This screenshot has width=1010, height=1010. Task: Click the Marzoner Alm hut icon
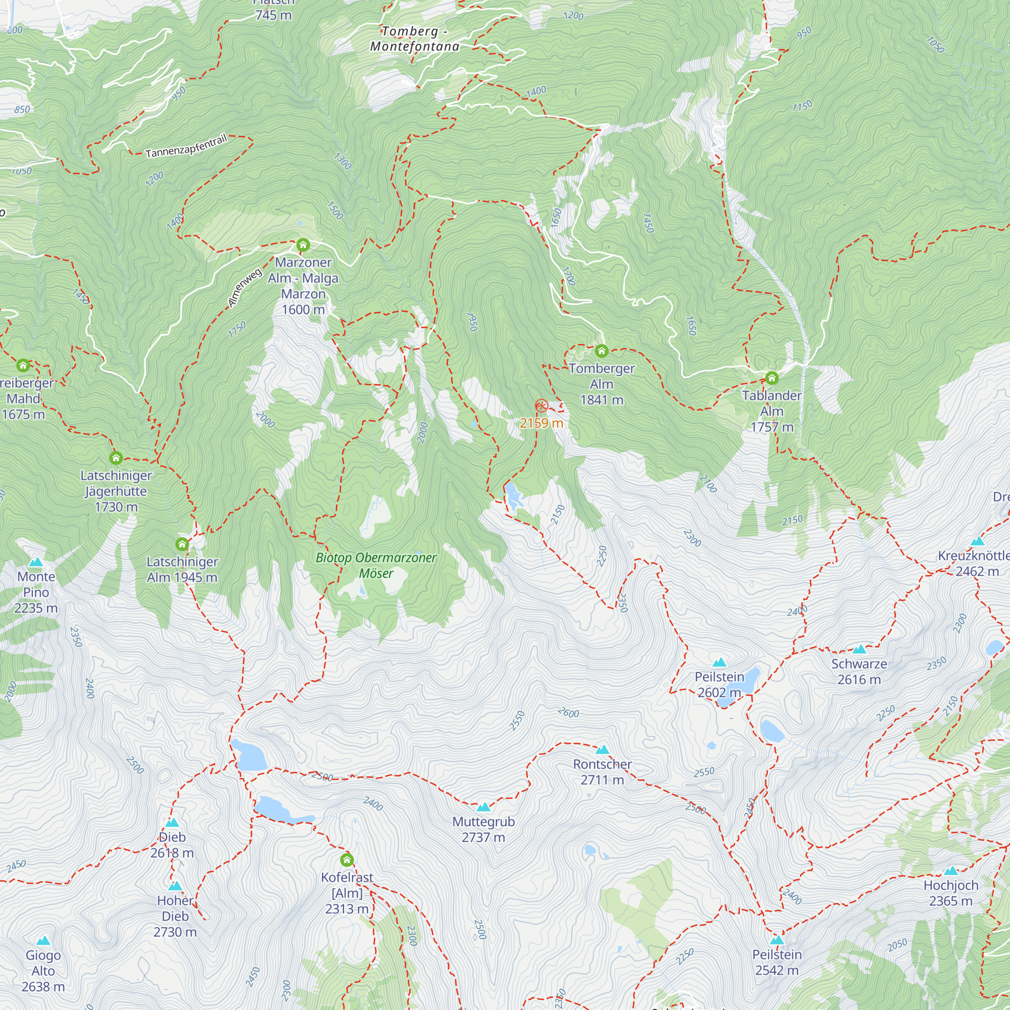[x=302, y=244]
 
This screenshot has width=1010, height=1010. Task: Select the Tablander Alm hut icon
[x=772, y=377]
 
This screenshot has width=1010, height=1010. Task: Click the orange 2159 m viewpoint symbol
[x=541, y=406]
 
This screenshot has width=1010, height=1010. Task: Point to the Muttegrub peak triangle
[x=484, y=807]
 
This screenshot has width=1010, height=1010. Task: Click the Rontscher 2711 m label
[x=602, y=772]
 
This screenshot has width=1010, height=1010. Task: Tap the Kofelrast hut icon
[x=346, y=860]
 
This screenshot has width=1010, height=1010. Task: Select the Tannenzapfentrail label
[x=186, y=146]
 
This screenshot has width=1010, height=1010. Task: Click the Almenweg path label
[x=244, y=287]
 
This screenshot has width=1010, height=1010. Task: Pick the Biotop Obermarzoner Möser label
[x=376, y=565]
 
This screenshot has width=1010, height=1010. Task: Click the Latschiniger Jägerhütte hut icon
[x=116, y=458]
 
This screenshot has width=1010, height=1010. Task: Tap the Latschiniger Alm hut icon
[x=182, y=545]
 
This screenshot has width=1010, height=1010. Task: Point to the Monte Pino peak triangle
[x=35, y=563]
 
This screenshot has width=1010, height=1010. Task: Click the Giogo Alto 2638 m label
[x=43, y=971]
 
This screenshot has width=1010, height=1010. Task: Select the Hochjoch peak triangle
[x=951, y=871]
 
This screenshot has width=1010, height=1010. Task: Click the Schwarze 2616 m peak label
[x=859, y=671]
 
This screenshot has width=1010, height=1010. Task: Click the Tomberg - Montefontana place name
[x=415, y=39]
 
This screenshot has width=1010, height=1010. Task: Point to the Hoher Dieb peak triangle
[x=175, y=886]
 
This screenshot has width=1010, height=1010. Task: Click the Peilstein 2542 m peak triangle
[x=777, y=940]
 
